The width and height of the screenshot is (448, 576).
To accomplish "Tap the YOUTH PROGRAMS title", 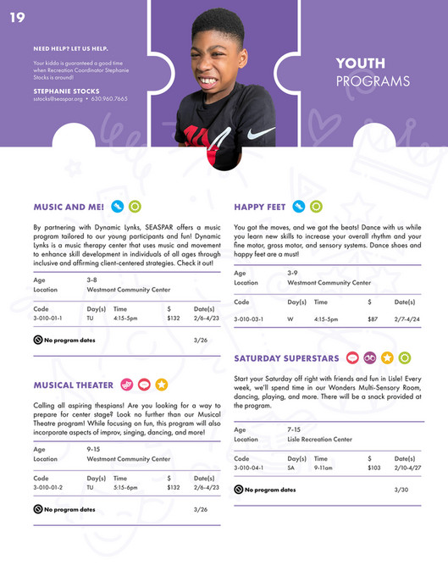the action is pos(372,72).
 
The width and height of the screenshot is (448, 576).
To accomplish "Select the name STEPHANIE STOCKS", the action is pos(66,91).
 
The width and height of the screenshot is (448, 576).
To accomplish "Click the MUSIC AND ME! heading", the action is pos(69,206).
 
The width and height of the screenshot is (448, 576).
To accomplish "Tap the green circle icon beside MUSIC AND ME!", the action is pos(135,206).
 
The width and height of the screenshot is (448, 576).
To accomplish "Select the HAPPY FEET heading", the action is pos(259,206).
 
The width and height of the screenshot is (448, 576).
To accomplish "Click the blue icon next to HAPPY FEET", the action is pos(298,206).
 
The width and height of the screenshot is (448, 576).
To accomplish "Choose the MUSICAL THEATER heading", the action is pos(73,385).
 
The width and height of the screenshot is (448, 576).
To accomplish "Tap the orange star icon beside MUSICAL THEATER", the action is pos(161,385).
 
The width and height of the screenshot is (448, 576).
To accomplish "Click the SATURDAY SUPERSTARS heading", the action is pos(286,358).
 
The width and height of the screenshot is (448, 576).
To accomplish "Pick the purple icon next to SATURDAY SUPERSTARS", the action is pos(370,358).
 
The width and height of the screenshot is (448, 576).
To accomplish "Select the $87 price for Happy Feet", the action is pos(373,319).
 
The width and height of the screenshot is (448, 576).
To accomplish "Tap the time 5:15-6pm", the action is pos(125,488).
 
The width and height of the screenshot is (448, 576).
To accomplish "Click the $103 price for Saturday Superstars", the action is pos(374,468).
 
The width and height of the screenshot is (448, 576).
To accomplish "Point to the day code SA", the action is pos(291,468).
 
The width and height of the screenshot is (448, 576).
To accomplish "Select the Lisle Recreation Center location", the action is pos(319,440).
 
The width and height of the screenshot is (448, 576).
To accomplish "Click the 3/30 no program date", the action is pos(401,490).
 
